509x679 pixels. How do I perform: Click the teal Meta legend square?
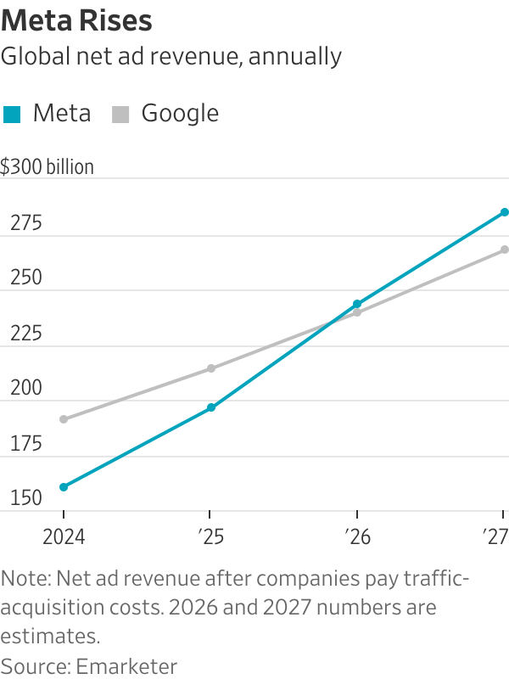(x=12, y=115)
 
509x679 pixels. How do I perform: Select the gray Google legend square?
(x=120, y=115)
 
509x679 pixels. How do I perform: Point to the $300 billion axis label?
(x=48, y=167)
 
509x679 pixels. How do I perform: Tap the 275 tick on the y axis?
(x=25, y=224)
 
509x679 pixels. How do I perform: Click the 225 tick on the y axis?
(x=25, y=334)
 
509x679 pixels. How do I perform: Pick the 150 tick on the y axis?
(x=25, y=499)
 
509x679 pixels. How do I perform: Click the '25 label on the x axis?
(x=210, y=537)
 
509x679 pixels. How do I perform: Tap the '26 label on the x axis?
(x=356, y=537)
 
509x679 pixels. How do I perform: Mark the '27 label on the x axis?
(x=495, y=537)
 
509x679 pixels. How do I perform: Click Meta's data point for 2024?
(x=64, y=487)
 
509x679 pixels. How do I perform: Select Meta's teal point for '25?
(x=210, y=407)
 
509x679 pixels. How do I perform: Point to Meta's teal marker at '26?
(x=357, y=304)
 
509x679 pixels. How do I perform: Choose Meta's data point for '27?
(x=504, y=212)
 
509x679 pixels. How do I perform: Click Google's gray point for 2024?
(x=64, y=419)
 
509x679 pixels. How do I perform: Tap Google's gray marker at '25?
(x=210, y=368)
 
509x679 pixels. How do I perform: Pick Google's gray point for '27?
(x=504, y=250)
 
